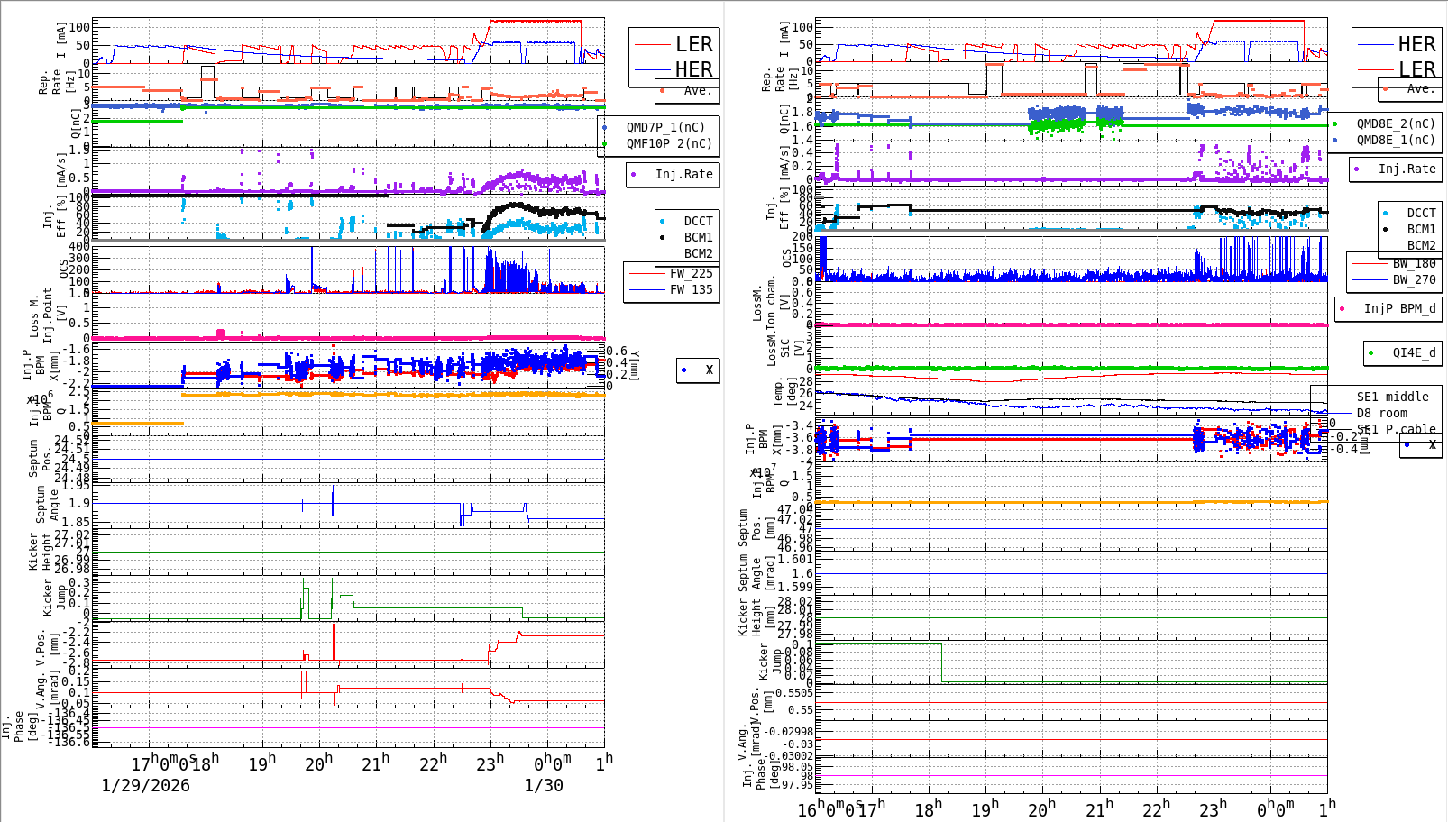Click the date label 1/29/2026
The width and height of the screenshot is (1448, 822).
(x=145, y=785)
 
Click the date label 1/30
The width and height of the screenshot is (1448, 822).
(x=544, y=785)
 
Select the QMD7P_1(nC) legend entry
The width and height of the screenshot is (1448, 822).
(x=665, y=127)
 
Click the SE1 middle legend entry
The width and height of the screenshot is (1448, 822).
(x=1392, y=397)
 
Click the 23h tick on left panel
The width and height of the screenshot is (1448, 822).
(x=490, y=764)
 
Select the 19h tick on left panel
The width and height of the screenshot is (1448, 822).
(x=261, y=764)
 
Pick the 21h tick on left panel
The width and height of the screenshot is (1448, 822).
(x=375, y=764)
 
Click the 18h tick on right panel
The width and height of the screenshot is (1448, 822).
(x=928, y=809)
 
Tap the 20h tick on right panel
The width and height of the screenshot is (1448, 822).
(x=1041, y=809)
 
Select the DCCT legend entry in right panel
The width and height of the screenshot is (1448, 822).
(x=1421, y=213)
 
